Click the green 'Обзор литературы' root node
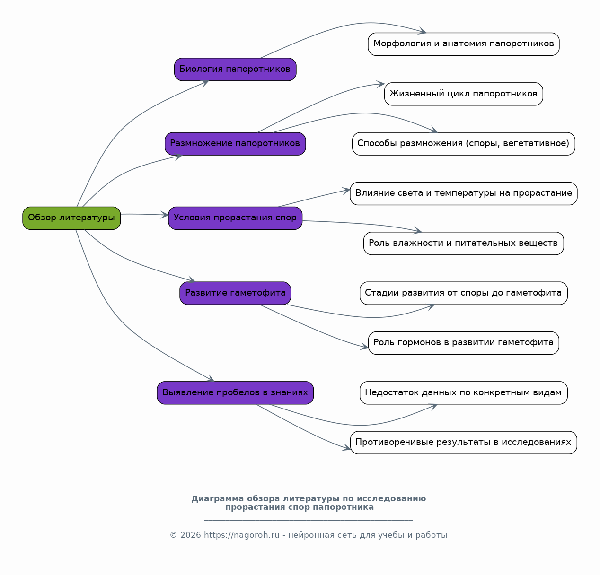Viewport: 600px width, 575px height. pos(71,218)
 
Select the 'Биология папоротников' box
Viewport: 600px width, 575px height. pos(235,70)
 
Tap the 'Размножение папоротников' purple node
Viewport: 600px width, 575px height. pos(235,144)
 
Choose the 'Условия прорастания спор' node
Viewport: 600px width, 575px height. pos(235,218)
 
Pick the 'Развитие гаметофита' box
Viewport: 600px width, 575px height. pos(235,293)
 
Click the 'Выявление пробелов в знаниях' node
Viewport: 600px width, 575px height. pos(235,393)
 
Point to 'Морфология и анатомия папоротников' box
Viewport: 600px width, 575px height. pos(464,44)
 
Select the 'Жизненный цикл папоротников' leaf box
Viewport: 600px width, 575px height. pos(464,94)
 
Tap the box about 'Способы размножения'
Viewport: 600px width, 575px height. pos(464,144)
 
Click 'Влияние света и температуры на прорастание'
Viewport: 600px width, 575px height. pos(464,193)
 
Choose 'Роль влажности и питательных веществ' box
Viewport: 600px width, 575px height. pos(464,244)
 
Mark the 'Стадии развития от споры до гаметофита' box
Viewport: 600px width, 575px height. pos(464,293)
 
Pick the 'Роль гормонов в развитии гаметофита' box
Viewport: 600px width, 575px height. pos(464,343)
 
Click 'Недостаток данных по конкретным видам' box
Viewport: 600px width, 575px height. pos(464,393)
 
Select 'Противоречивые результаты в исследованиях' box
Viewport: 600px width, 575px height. pos(464,443)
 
